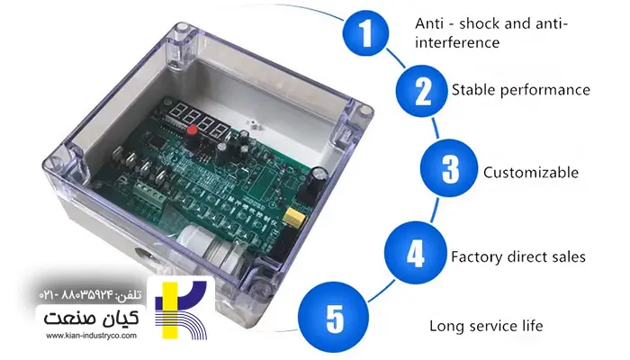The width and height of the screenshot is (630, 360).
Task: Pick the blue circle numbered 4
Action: pos(415,255)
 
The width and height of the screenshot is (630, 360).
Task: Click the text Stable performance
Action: pos(520,90)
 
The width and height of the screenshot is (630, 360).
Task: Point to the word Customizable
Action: pos(530,172)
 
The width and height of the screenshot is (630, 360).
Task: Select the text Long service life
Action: pos(486,326)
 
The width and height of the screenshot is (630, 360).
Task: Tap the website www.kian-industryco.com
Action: pos(91,337)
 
